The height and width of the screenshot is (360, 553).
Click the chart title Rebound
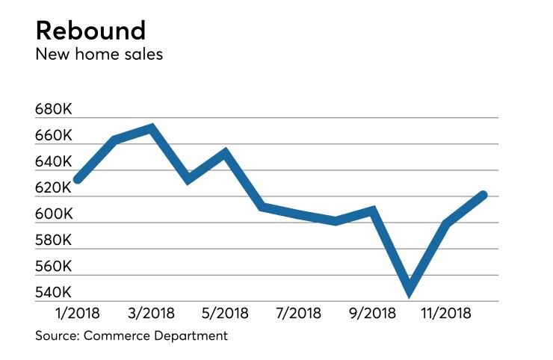point(90,31)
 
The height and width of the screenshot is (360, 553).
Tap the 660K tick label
point(53,137)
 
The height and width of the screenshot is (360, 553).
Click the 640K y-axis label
point(53,163)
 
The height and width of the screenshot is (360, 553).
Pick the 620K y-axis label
point(53,189)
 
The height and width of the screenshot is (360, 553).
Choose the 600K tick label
point(53,215)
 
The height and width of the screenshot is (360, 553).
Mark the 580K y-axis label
point(53,241)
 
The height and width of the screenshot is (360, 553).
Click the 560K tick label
point(53,267)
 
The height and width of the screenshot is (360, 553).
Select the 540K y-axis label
point(53,293)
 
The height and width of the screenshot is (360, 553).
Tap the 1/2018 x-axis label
point(78,311)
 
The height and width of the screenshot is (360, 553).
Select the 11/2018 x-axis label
point(447,311)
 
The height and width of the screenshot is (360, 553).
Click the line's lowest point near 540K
point(410,291)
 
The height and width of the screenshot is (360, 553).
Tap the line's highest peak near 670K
point(151,128)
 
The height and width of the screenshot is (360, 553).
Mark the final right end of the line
point(484,195)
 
